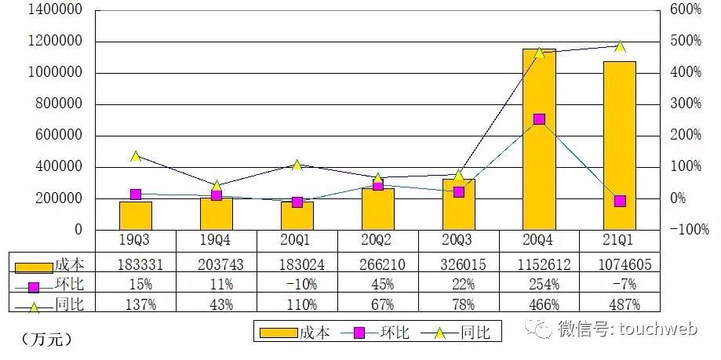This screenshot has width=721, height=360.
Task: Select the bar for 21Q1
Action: click(x=619, y=145)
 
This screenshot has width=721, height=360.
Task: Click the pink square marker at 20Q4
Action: click(x=539, y=119)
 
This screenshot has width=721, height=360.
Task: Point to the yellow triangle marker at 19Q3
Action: click(x=136, y=156)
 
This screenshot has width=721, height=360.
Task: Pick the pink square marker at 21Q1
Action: click(x=620, y=201)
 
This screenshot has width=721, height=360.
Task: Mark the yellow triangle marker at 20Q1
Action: click(x=297, y=165)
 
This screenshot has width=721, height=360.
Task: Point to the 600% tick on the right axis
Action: click(x=684, y=10)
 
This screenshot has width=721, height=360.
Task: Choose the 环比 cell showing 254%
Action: click(x=539, y=283)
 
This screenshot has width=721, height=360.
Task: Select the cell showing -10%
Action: click(x=297, y=283)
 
